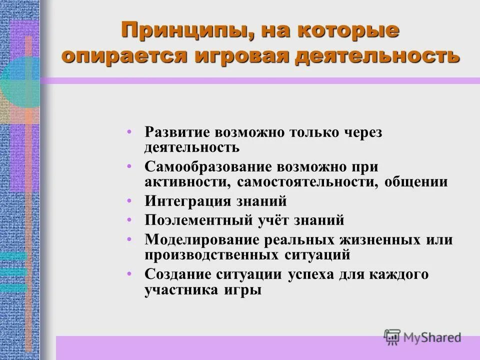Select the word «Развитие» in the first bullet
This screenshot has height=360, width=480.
[x=178, y=133]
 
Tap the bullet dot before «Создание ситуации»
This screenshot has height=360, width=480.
[x=130, y=274]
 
